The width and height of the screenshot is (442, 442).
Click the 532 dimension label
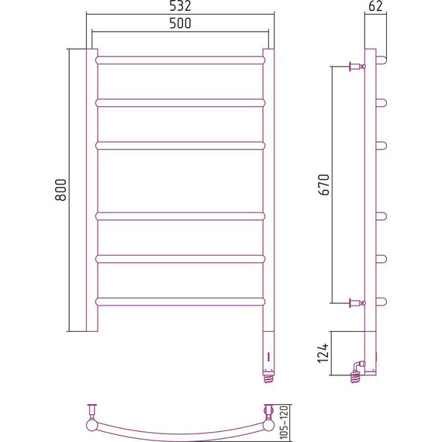tap(180, 6)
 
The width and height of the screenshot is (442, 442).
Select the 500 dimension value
tap(180, 23)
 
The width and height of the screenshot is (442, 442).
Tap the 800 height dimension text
tap(60, 190)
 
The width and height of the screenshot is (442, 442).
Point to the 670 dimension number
tap(323, 185)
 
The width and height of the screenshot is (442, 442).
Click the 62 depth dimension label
tap(375, 6)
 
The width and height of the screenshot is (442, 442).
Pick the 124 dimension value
tap(323, 353)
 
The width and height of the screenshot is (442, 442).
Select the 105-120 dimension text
tap(285, 422)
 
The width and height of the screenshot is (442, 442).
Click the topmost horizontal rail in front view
tap(181, 60)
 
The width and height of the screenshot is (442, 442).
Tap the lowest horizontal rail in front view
tap(181, 302)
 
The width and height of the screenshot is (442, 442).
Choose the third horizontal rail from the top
tap(181, 146)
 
